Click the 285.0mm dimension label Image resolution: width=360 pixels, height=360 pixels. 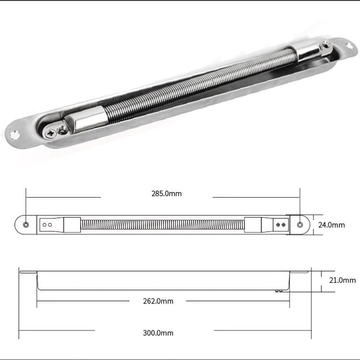tap(166, 194)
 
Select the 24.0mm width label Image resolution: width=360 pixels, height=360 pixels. tap(331, 225)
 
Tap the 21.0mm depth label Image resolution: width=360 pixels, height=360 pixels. tap(342, 280)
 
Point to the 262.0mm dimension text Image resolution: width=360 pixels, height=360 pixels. tap(158, 301)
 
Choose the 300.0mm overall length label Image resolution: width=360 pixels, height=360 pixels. tap(158, 332)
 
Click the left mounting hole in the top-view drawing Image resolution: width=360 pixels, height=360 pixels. tap(26, 225)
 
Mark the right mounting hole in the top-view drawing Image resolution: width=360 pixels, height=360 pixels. tap(300, 225)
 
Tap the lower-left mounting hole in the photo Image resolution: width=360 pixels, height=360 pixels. tap(15, 135)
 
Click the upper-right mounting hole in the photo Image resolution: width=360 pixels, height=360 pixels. tap(349, 45)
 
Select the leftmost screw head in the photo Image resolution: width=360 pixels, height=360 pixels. tap(51, 133)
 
